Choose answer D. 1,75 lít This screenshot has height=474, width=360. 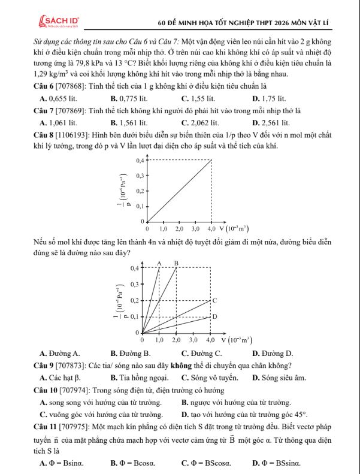270,97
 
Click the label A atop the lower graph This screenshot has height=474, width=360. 159,262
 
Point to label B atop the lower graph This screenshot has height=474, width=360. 176,262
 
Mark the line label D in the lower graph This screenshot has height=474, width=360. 214,316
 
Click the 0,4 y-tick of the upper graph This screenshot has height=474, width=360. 140,161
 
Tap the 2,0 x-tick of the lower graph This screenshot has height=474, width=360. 177,339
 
